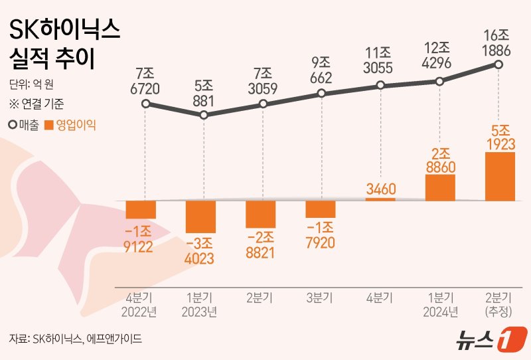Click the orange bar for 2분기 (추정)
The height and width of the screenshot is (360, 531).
click(x=500, y=176)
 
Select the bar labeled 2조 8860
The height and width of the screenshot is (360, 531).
click(x=440, y=187)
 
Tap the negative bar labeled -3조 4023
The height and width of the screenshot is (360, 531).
click(x=200, y=216)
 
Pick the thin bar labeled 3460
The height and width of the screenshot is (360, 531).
click(x=380, y=199)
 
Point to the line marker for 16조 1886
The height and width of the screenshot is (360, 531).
click(x=498, y=64)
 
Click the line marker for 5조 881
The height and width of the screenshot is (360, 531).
click(x=204, y=115)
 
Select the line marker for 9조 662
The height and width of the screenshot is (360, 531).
click(x=321, y=94)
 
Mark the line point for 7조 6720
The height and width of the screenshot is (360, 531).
click(x=145, y=104)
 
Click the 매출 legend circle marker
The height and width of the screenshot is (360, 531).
click(x=13, y=124)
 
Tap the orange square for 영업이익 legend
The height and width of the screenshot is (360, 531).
click(x=48, y=124)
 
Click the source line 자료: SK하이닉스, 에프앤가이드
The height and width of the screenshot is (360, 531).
click(x=76, y=339)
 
